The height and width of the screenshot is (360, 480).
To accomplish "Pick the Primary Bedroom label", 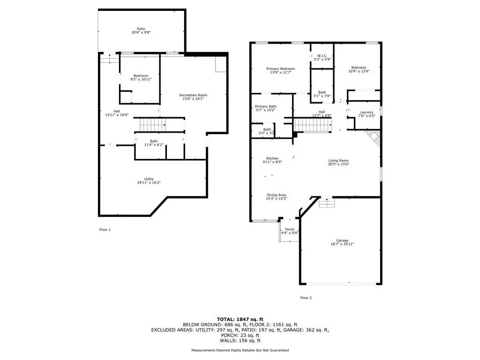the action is click(x=281, y=69).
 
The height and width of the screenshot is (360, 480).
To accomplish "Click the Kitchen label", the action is click(x=272, y=158).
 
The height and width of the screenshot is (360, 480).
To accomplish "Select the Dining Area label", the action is click(x=277, y=195).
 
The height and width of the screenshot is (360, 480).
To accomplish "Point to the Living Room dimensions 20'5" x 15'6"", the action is click(x=338, y=164).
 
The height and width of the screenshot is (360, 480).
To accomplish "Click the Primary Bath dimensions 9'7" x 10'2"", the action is click(x=266, y=110).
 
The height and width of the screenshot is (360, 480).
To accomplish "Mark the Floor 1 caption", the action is click(x=105, y=230).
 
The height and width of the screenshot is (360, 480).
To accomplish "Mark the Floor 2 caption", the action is click(x=306, y=298).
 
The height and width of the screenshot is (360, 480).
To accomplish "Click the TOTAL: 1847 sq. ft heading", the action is click(x=240, y=319).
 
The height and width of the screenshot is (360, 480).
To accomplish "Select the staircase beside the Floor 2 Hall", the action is click(x=313, y=126).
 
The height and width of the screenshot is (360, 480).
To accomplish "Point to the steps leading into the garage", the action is click(x=327, y=202).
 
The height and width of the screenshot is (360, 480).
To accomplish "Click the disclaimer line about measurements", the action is click(x=240, y=350).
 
